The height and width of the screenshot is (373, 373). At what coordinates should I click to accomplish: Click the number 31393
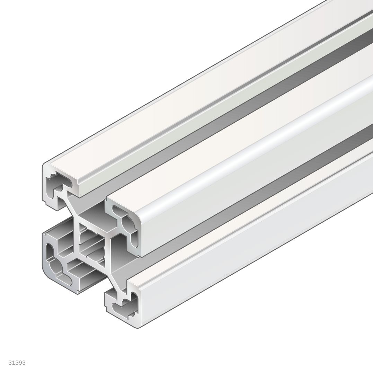[17, 363]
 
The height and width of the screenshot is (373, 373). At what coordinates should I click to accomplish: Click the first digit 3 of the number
[10, 363]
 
